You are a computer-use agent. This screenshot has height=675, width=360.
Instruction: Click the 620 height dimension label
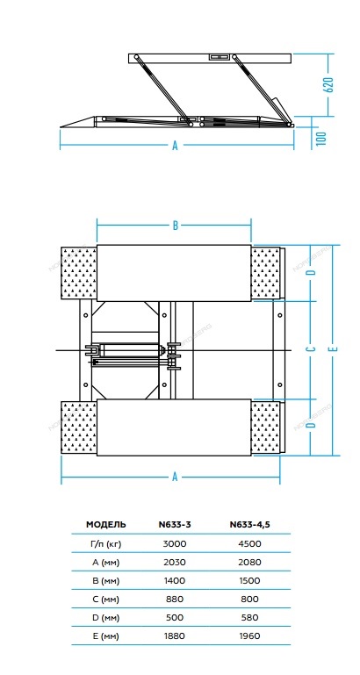328,85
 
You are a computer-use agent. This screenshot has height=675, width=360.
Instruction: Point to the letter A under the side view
175,146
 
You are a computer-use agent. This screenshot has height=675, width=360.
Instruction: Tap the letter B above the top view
176,225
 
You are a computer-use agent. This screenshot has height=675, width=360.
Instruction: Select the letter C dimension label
313,348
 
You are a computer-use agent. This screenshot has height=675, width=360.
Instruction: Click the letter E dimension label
335,348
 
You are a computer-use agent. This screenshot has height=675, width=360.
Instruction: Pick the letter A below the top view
175,477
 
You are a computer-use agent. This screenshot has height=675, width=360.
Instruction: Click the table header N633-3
175,524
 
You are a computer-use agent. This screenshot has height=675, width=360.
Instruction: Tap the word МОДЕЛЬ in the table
106,524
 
